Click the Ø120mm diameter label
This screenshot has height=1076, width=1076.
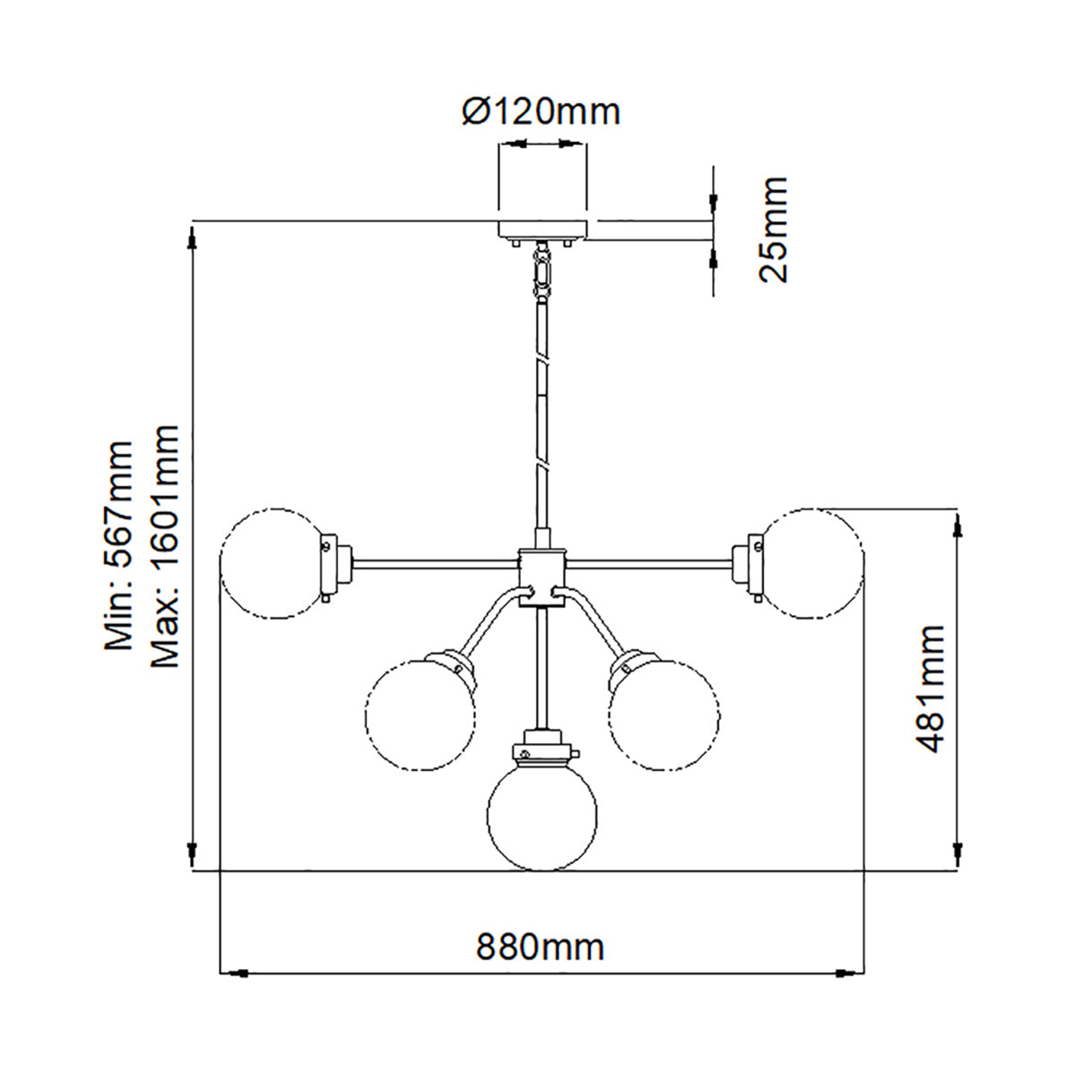pos(541,112)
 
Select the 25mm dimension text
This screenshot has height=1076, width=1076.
pos(773,230)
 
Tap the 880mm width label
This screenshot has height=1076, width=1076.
pos(540,946)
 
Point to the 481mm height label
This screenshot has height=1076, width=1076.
pos(930,689)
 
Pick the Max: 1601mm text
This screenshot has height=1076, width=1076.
pos(165,547)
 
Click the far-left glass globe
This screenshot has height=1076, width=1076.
pos(273,564)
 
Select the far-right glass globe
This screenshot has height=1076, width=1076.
pos(810,564)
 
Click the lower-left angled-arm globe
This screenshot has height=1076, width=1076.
pos(420,715)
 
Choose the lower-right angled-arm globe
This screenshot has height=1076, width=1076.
pos(664,715)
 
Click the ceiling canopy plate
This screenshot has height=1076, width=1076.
pos(542,230)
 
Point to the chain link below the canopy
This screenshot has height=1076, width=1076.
pos(542,268)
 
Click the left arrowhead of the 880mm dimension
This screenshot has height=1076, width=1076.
pos(239,971)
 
